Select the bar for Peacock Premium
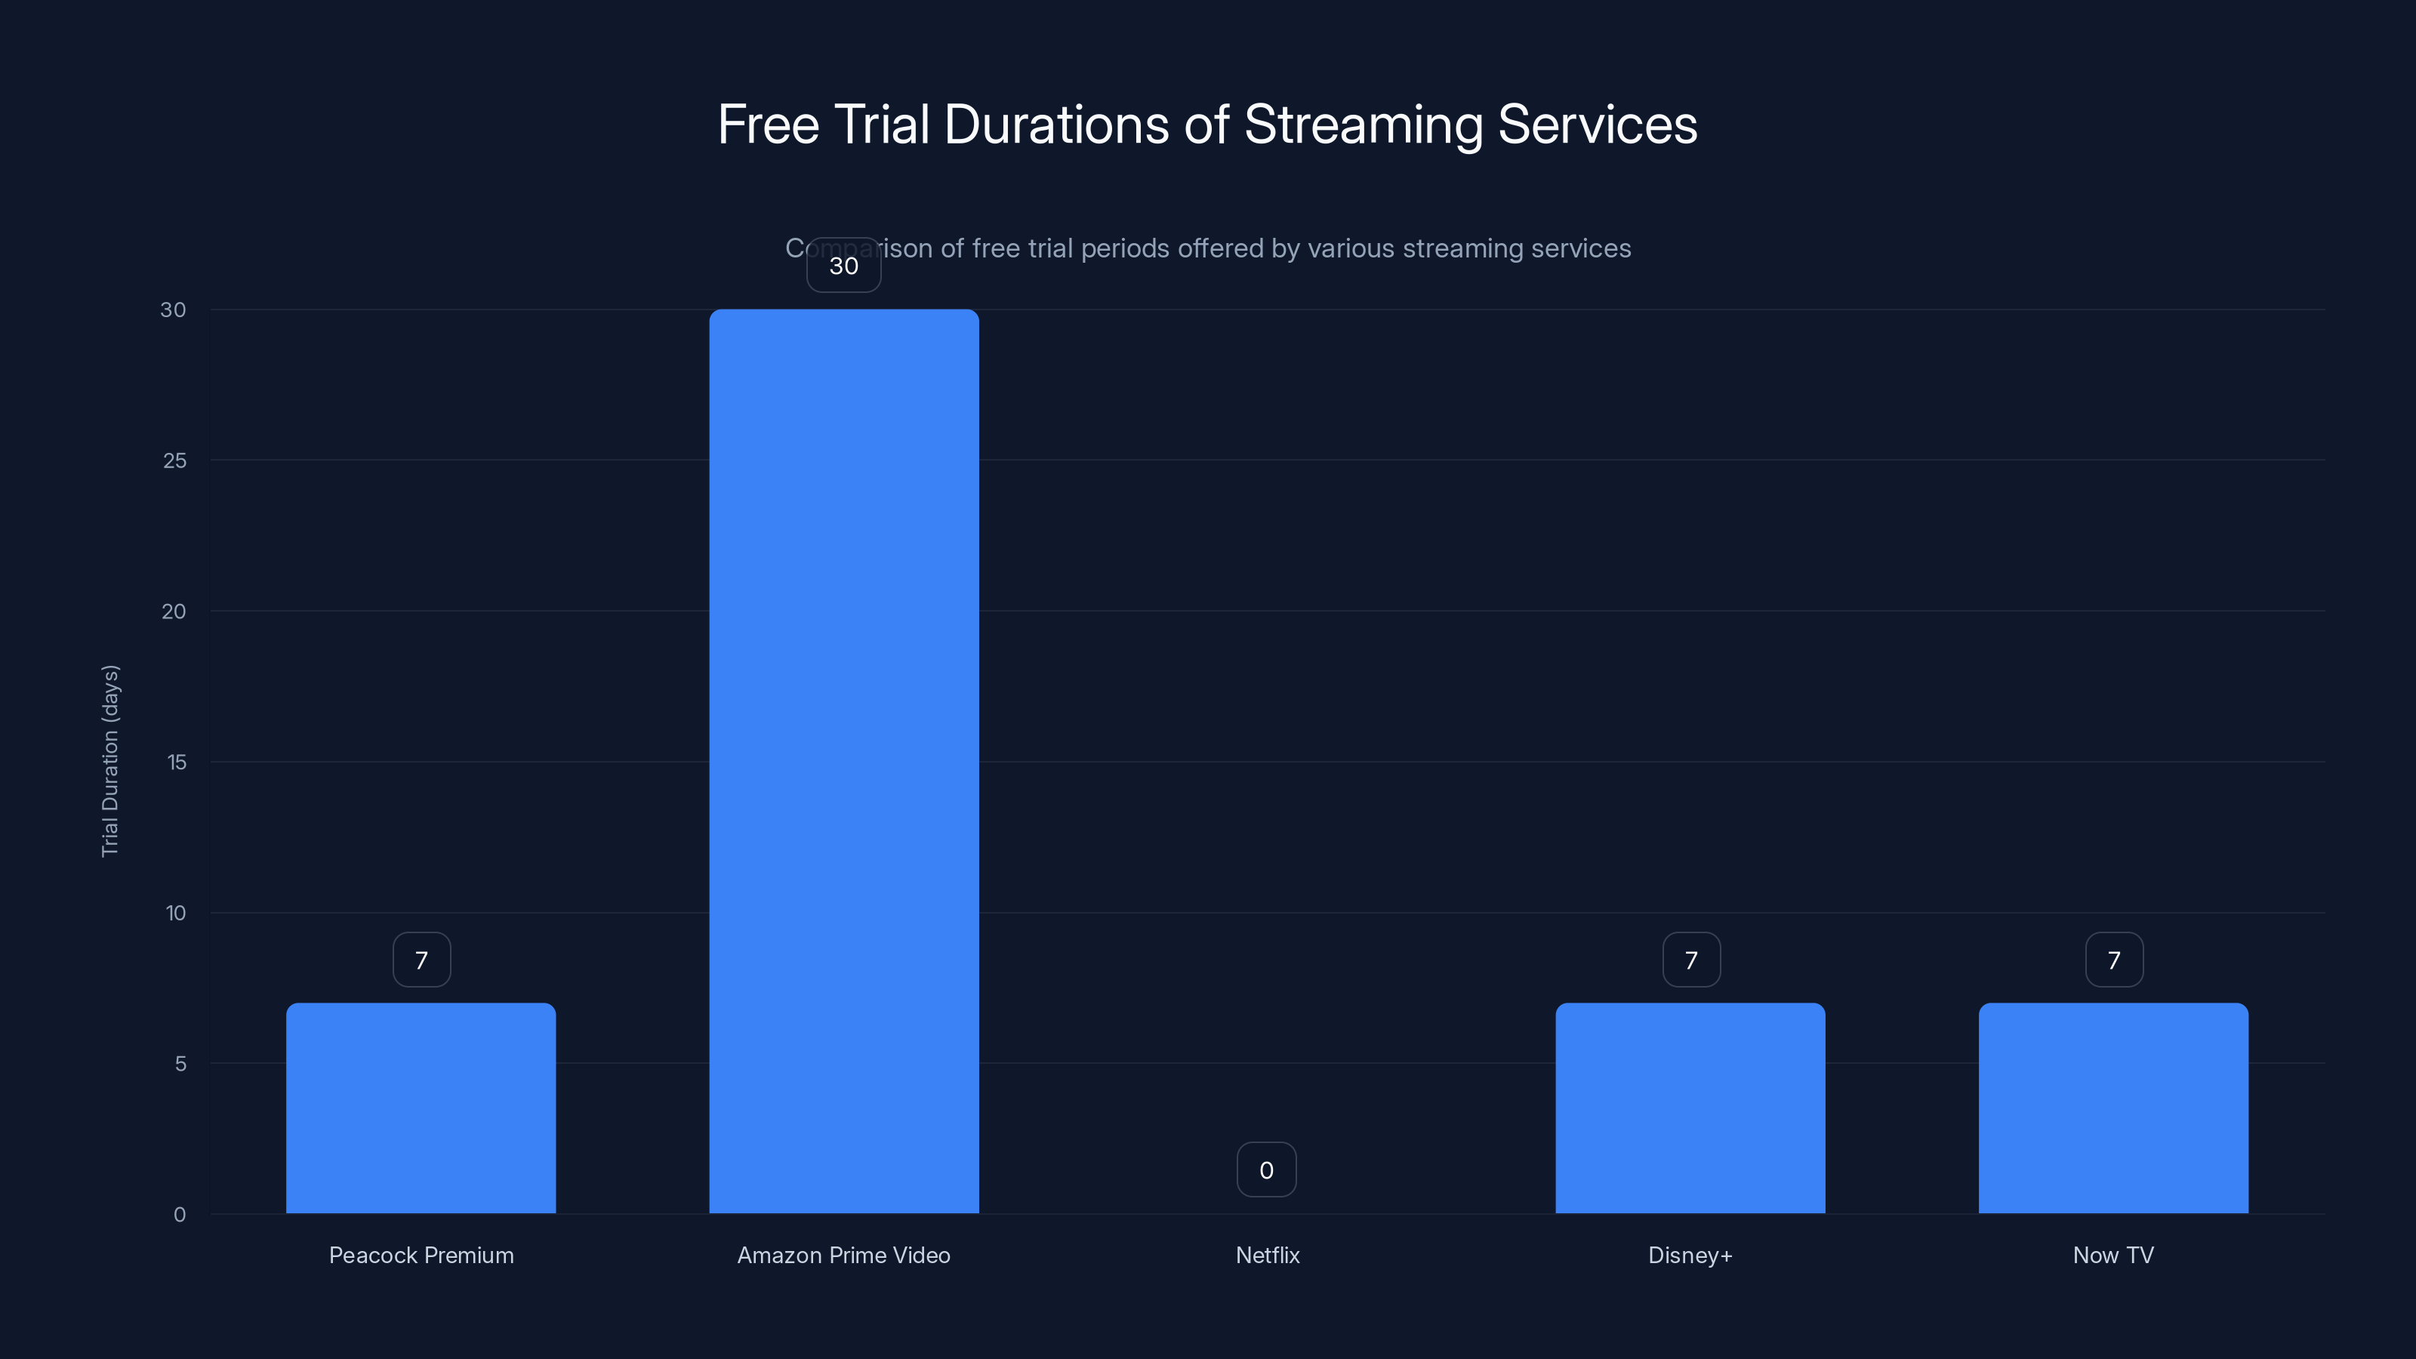tap(421, 1108)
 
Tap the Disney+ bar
tap(1690, 1108)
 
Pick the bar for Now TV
tap(2113, 1108)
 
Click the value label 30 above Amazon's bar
tap(843, 266)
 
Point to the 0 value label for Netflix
tap(1266, 1169)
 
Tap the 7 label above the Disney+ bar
tap(1690, 960)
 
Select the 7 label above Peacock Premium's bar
tap(421, 960)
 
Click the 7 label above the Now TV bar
tap(2113, 960)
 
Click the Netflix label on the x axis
tap(1267, 1255)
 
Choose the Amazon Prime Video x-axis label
tap(843, 1255)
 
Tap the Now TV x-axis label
tap(2113, 1255)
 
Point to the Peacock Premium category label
tap(421, 1255)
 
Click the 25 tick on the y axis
tap(174, 461)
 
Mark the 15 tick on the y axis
tap(177, 763)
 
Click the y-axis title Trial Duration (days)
tap(109, 760)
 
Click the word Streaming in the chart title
tap(1363, 125)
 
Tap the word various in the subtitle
tap(1351, 248)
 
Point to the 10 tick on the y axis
tap(175, 913)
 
